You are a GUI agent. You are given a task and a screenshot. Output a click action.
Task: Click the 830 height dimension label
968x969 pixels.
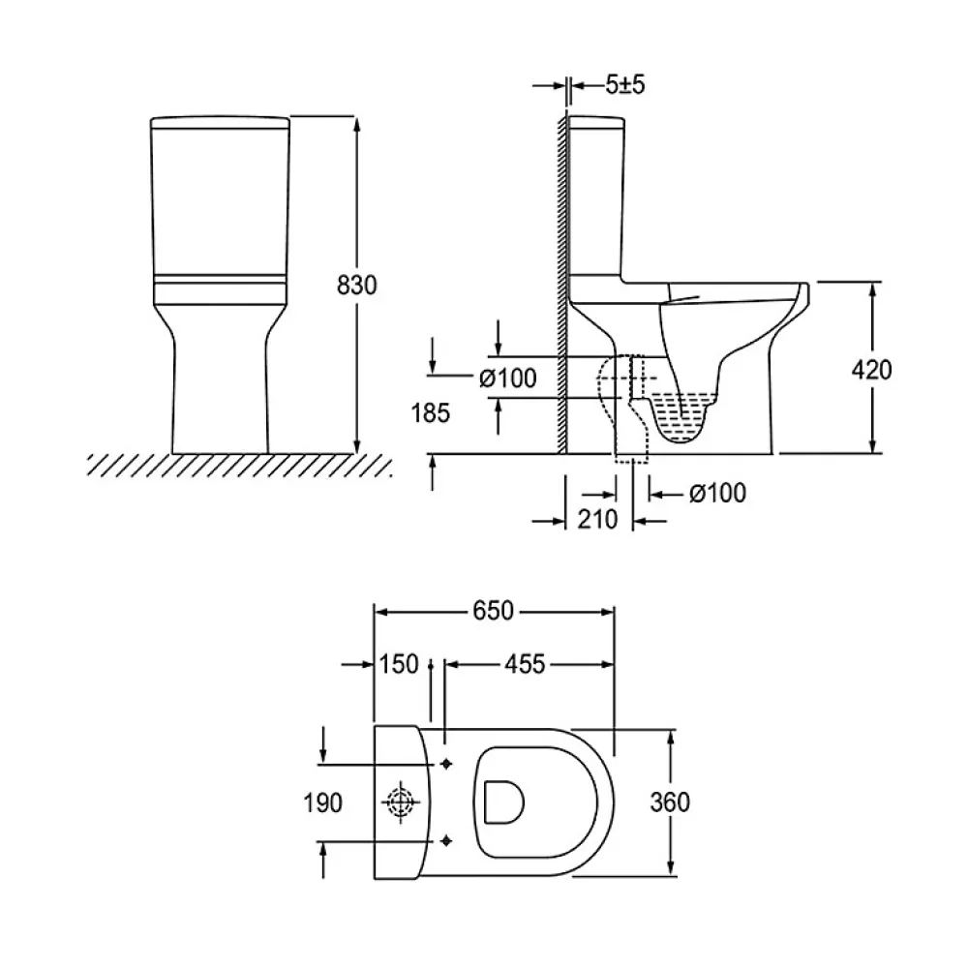pos(356,286)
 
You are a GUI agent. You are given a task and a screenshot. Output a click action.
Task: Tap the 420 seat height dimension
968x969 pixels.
pos(871,370)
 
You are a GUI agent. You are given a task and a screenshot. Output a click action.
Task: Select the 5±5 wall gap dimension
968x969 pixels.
pos(624,84)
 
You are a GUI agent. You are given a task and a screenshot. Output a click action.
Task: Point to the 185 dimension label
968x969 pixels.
pos(431,412)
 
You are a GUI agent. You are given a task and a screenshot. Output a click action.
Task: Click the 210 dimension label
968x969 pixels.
pos(597,519)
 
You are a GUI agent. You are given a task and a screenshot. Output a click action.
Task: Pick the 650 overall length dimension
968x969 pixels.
pos(494,611)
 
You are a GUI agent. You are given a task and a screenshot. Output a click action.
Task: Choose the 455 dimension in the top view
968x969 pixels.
pos(525,664)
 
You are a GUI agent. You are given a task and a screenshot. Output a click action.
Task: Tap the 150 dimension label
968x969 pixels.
pos(399,664)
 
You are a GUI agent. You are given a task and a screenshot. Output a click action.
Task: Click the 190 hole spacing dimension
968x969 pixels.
pos(322,802)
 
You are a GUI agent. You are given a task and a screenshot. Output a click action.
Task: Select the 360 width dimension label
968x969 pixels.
pos(670,802)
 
